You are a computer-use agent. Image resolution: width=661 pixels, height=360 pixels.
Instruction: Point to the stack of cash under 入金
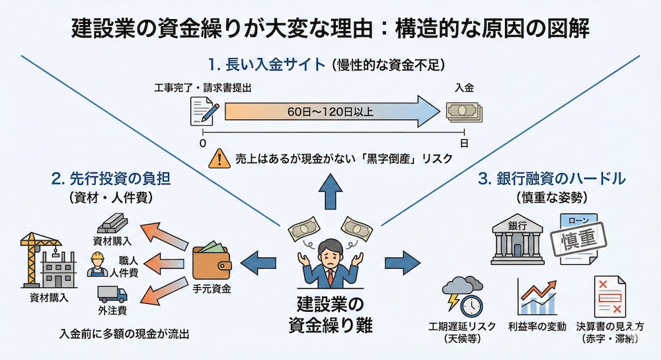[463, 111]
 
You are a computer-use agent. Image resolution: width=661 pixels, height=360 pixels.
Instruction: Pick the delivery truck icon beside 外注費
[111, 293]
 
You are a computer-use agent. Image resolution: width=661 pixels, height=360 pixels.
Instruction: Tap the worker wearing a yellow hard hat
[98, 264]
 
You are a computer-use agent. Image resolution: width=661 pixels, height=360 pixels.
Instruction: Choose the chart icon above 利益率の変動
[537, 296]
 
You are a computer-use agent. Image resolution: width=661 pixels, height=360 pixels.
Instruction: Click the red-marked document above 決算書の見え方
[609, 296]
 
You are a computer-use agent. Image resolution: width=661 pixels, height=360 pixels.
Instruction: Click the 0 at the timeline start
[203, 142]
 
